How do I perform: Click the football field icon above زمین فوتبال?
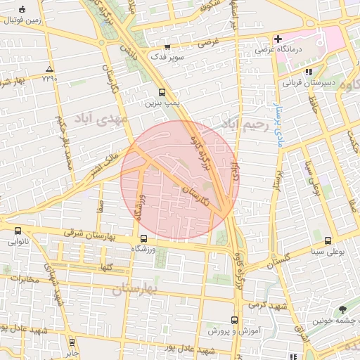(23, 10)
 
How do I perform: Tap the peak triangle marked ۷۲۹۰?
(49, 69)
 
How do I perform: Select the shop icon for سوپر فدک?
(167, 46)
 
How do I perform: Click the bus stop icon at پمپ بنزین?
(162, 92)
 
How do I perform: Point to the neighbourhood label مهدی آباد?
(105, 119)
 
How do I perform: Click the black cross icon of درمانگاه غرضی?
(278, 39)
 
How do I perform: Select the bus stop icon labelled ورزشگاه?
(143, 238)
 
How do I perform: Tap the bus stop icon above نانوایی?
(18, 231)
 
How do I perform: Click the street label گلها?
(105, 267)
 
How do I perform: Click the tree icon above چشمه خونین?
(342, 309)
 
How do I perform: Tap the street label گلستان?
(278, 262)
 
